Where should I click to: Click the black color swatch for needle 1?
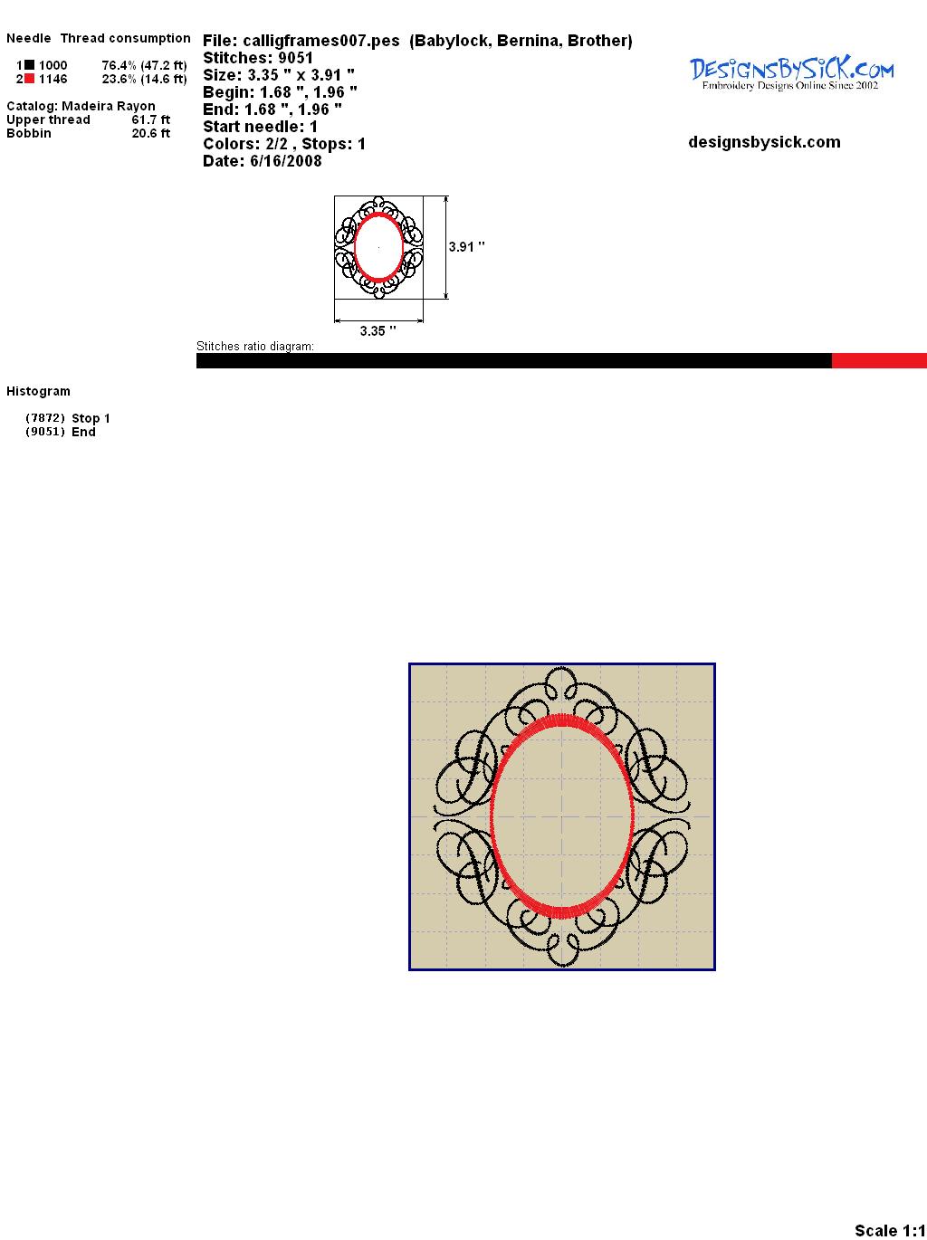pos(29,65)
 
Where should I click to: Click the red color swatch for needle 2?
pos(29,79)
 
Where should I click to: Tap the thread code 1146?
pos(53,79)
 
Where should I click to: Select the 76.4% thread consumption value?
pos(119,65)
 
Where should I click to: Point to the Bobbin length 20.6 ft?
pos(151,133)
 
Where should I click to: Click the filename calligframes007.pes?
pos(321,41)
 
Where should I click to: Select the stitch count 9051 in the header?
pos(295,58)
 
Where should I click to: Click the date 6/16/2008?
pos(286,161)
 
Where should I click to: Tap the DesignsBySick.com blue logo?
pos(791,73)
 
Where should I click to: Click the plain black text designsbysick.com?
pos(764,142)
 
